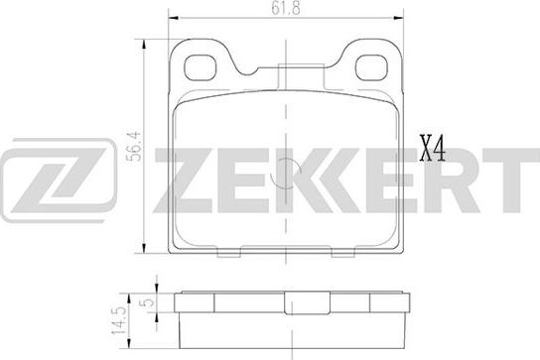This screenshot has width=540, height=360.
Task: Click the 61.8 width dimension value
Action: [x=286, y=8]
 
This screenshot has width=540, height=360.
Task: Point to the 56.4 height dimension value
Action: [x=134, y=146]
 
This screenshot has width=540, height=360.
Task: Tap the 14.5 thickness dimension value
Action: [x=118, y=320]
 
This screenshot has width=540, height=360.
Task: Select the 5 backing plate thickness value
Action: [x=148, y=302]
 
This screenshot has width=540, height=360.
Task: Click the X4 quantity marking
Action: [x=432, y=149]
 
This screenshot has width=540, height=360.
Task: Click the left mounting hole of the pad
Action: [x=201, y=67]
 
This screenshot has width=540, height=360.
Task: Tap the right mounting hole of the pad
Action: [x=371, y=67]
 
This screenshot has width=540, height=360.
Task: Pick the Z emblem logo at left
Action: [x=58, y=180]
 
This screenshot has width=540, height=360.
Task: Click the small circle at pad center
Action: [x=286, y=174]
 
